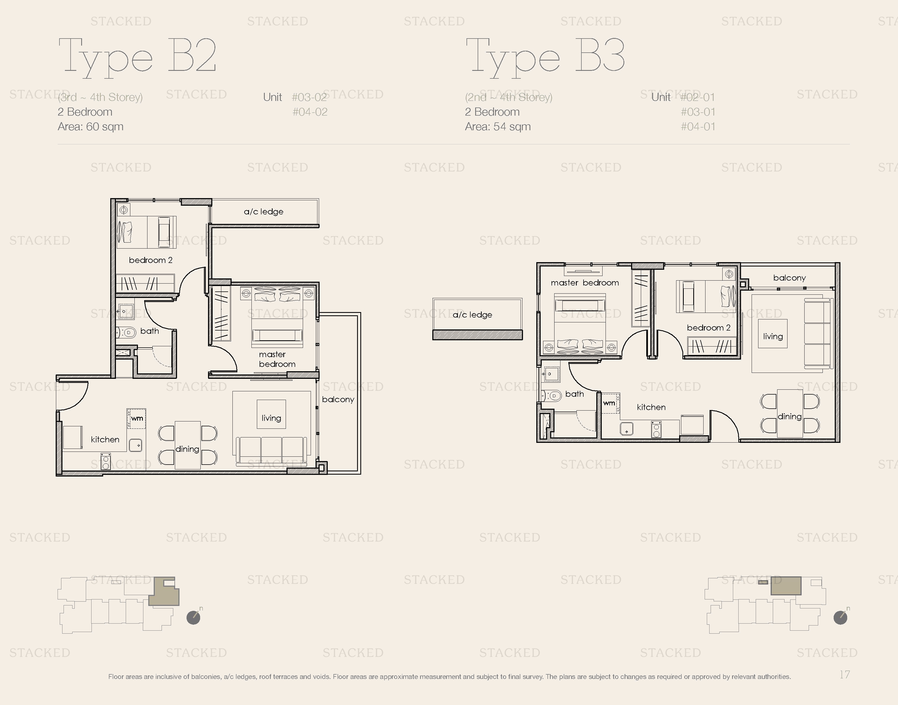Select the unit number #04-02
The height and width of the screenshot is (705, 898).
point(310,112)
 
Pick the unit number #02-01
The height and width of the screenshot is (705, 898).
point(698,97)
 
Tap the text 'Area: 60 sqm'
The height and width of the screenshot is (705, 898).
point(90,127)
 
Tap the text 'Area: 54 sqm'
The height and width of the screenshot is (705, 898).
point(498,127)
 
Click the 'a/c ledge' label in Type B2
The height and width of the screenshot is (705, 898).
point(263,212)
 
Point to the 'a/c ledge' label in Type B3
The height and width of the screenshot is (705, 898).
point(472,315)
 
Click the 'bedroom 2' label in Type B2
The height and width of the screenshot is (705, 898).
point(150,260)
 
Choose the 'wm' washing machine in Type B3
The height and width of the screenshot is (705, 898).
point(609,403)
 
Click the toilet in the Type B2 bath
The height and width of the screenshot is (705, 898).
point(126,332)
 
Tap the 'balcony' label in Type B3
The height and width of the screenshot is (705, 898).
point(789,278)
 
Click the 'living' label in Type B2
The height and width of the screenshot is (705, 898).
point(271,418)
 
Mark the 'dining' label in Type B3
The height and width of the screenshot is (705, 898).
point(789,417)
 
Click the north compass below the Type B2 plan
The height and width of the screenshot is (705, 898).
point(194,618)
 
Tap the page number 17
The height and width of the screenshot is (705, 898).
point(844,674)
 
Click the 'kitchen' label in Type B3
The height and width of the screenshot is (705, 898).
point(651,407)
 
